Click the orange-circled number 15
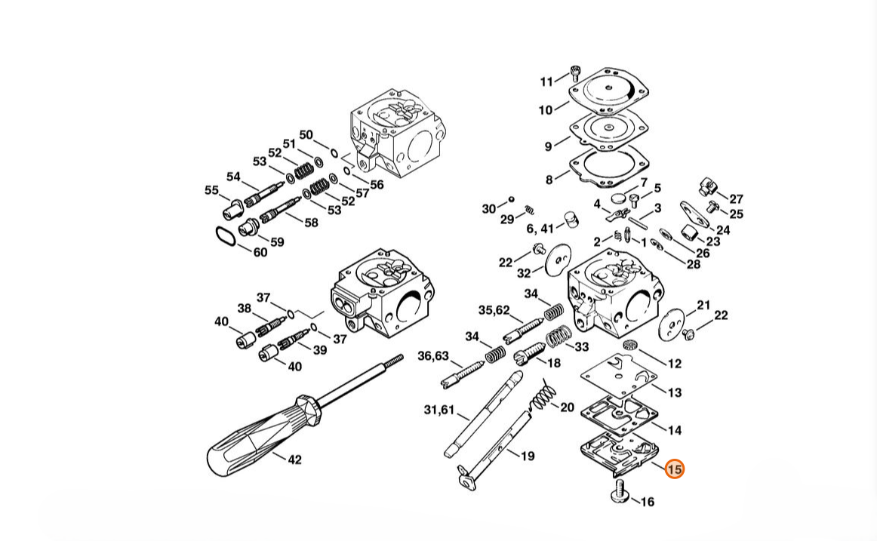[x=675, y=469]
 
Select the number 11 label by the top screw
[x=546, y=81]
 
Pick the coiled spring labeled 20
[x=543, y=394]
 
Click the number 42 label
[x=295, y=460]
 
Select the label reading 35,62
[x=494, y=309]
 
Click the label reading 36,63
[x=433, y=355]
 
